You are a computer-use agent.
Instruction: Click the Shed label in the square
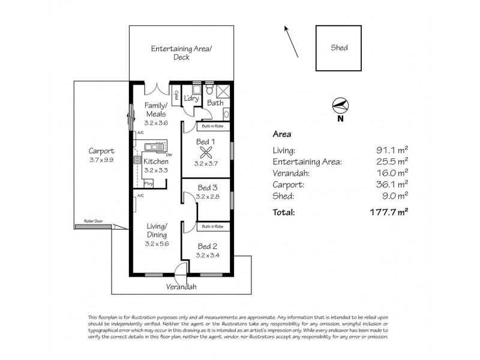[x=339, y=49]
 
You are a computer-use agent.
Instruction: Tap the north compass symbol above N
[x=340, y=106]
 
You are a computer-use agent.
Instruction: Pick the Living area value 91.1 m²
[x=394, y=151]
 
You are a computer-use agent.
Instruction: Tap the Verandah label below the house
[x=182, y=287]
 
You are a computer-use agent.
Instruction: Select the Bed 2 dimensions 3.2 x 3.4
[x=207, y=255]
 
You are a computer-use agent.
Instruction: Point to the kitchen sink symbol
[x=156, y=146]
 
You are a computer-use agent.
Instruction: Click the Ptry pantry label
[x=148, y=183]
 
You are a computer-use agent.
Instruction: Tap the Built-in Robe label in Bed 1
[x=213, y=127]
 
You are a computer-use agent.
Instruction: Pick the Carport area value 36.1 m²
[x=394, y=185]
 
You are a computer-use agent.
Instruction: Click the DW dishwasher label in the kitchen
[x=170, y=155]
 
